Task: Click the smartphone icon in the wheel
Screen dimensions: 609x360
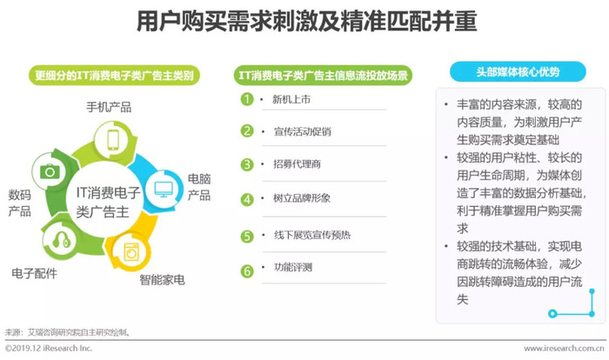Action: pyautogui.click(x=113, y=140)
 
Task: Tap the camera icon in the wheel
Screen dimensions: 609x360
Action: pyautogui.click(x=50, y=171)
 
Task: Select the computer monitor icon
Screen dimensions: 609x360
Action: pyautogui.click(x=164, y=190)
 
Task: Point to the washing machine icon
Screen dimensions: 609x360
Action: pyautogui.click(x=131, y=252)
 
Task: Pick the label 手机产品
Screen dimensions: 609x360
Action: pyautogui.click(x=109, y=107)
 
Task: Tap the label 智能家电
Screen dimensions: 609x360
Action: pyautogui.click(x=162, y=280)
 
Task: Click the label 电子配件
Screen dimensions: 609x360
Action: pyautogui.click(x=34, y=273)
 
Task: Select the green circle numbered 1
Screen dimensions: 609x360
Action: pyautogui.click(x=247, y=99)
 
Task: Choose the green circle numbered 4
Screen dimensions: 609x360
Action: pyautogui.click(x=247, y=200)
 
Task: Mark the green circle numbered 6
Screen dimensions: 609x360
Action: pyautogui.click(x=247, y=271)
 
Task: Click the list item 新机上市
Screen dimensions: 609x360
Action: pyautogui.click(x=291, y=99)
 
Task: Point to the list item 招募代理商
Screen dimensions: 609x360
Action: pyautogui.click(x=298, y=163)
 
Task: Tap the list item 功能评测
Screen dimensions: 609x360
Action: pyautogui.click(x=293, y=267)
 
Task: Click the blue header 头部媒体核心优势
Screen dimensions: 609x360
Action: pyautogui.click(x=518, y=72)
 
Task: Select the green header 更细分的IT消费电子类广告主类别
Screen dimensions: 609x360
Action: pyautogui.click(x=114, y=76)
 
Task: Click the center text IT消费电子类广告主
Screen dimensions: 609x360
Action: pyautogui.click(x=107, y=202)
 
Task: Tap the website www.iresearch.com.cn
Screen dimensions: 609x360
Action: pyautogui.click(x=564, y=349)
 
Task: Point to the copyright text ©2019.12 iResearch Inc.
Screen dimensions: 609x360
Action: pyautogui.click(x=49, y=348)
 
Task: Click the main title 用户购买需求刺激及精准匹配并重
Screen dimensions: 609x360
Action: pyautogui.click(x=307, y=21)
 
